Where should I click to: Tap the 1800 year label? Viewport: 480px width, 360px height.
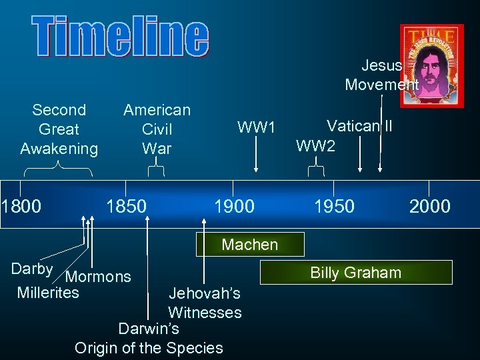[x=21, y=206]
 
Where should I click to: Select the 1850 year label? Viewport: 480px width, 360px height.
[x=126, y=206]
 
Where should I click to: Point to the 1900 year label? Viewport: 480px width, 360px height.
[x=234, y=206]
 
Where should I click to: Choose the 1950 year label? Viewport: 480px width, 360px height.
[x=334, y=206]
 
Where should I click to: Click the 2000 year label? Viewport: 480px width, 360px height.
[x=430, y=206]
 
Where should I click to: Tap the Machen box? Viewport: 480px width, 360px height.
[x=250, y=245]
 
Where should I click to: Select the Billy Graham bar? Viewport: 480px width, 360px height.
[x=356, y=272]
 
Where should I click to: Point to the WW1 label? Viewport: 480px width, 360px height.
[x=257, y=126]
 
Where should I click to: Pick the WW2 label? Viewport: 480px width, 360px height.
[x=316, y=146]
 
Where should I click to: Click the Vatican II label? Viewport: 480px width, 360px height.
[x=359, y=126]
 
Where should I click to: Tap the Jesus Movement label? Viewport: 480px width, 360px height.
[x=382, y=75]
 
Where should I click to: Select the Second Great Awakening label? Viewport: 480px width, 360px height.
[x=59, y=129]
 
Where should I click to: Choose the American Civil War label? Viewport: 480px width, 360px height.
[x=157, y=129]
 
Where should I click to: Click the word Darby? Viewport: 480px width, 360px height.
[x=32, y=269]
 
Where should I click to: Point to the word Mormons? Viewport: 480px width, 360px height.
[x=99, y=277]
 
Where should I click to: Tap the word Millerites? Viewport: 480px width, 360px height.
[x=48, y=292]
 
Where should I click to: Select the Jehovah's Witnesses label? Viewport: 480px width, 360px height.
[x=205, y=303]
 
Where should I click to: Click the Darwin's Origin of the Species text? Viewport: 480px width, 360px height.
[x=149, y=338]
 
